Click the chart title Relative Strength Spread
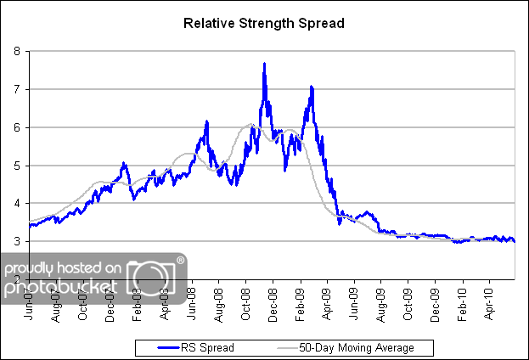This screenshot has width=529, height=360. pyautogui.click(x=264, y=23)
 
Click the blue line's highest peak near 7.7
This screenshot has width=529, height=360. pyautogui.click(x=265, y=64)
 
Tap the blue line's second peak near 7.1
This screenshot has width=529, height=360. pyautogui.click(x=312, y=86)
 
